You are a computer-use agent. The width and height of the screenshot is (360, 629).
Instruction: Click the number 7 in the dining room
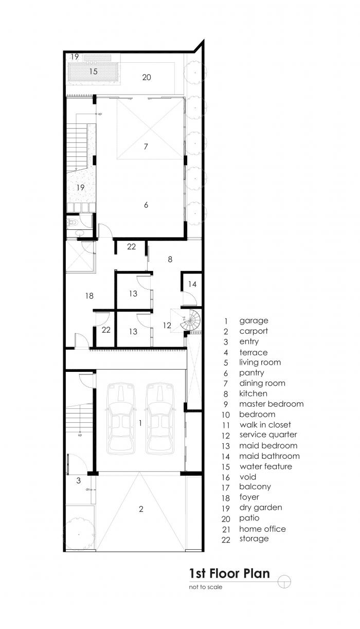[146, 147]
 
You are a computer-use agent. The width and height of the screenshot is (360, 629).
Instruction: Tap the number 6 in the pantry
[146, 205]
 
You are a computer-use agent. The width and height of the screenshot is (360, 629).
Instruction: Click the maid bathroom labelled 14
[192, 284]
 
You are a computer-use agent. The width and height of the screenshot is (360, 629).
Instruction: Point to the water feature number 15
[93, 71]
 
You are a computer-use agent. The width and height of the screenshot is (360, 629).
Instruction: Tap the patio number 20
[147, 77]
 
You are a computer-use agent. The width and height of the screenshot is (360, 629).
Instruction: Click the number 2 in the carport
[140, 509]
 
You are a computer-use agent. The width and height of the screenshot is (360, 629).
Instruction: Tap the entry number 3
[78, 481]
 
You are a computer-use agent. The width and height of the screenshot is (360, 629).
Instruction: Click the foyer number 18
[89, 296]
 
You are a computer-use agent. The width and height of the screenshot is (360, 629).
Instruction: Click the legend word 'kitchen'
[253, 393]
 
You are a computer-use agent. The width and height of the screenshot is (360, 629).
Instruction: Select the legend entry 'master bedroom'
[271, 404]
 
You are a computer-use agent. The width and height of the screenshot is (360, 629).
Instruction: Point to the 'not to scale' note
[206, 587]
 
